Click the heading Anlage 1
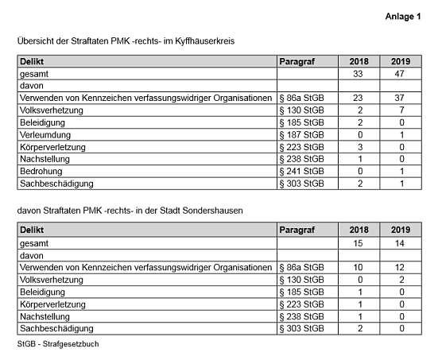[x=403, y=17]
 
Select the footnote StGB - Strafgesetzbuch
[x=58, y=345]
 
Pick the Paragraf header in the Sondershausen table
[x=297, y=230]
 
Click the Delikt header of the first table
[x=33, y=61]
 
